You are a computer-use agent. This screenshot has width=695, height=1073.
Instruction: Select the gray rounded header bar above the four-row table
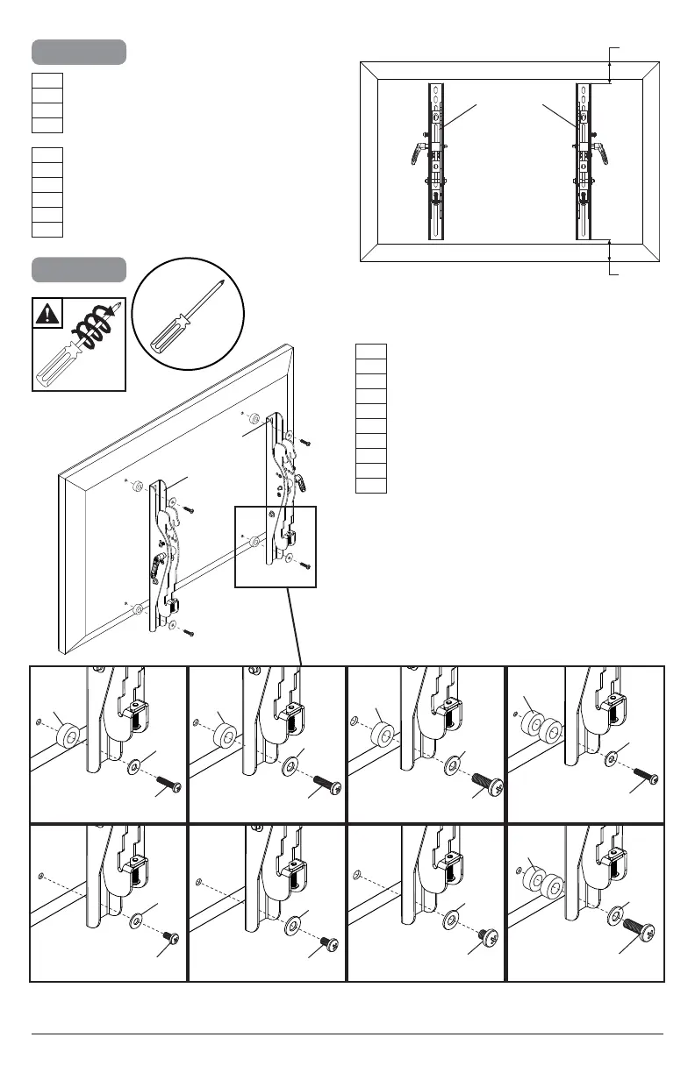tap(79, 52)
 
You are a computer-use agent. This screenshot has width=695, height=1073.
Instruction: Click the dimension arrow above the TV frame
tap(611, 63)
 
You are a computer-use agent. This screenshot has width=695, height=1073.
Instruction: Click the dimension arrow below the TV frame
tap(611, 259)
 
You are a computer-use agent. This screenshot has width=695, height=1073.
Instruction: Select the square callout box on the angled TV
tap(274, 545)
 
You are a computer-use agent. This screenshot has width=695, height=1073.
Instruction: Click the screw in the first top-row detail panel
tap(167, 783)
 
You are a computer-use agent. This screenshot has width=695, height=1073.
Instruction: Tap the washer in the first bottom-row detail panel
tap(136, 922)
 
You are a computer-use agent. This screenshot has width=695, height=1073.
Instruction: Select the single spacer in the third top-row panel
tap(382, 733)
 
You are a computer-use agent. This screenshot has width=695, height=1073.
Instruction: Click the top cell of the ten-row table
tap(370, 352)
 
